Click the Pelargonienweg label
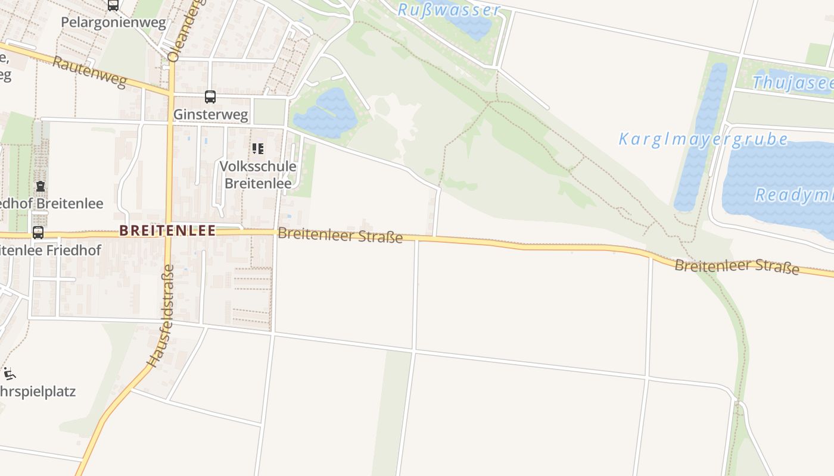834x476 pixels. click(x=113, y=23)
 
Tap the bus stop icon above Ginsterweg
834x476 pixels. click(x=210, y=96)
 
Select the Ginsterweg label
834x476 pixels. click(x=210, y=114)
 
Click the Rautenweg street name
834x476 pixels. click(x=89, y=71)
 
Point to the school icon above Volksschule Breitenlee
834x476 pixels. click(x=257, y=148)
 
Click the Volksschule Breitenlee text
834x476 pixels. click(x=257, y=174)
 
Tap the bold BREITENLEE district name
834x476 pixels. click(x=167, y=231)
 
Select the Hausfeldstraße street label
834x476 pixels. click(x=161, y=315)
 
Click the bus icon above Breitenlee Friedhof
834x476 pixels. click(x=38, y=232)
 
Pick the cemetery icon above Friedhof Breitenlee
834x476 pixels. click(x=40, y=186)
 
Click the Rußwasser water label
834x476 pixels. click(x=449, y=10)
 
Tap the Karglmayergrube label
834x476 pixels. click(x=703, y=140)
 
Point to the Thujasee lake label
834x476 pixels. click(x=792, y=82)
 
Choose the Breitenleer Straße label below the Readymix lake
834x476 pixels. click(x=736, y=266)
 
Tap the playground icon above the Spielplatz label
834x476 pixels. click(x=9, y=374)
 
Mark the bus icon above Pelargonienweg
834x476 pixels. click(x=113, y=5)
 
